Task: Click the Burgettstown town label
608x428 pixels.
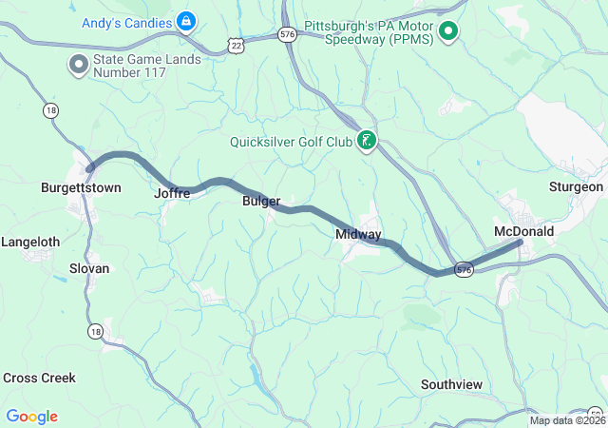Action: tap(81, 187)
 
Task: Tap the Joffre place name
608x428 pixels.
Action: tap(172, 193)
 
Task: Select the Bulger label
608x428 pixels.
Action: tap(261, 202)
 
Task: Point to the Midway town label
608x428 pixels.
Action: tap(358, 234)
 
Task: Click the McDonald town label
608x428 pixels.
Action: tap(523, 231)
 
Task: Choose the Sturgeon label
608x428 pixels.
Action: tap(576, 186)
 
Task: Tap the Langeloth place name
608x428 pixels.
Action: tap(30, 243)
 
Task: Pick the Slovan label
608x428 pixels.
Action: tap(89, 268)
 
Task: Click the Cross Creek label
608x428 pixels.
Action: tap(39, 378)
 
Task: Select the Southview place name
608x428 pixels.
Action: tap(451, 384)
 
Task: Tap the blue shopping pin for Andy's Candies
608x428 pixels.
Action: tap(187, 20)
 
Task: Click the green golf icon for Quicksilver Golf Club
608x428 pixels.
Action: tap(366, 143)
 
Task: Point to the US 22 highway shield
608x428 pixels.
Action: tap(235, 44)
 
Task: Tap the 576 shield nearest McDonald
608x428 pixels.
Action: tap(463, 270)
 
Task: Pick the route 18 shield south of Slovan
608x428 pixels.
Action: tap(95, 331)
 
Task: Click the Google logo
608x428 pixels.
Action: tap(31, 417)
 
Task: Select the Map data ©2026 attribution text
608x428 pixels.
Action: tap(567, 420)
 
